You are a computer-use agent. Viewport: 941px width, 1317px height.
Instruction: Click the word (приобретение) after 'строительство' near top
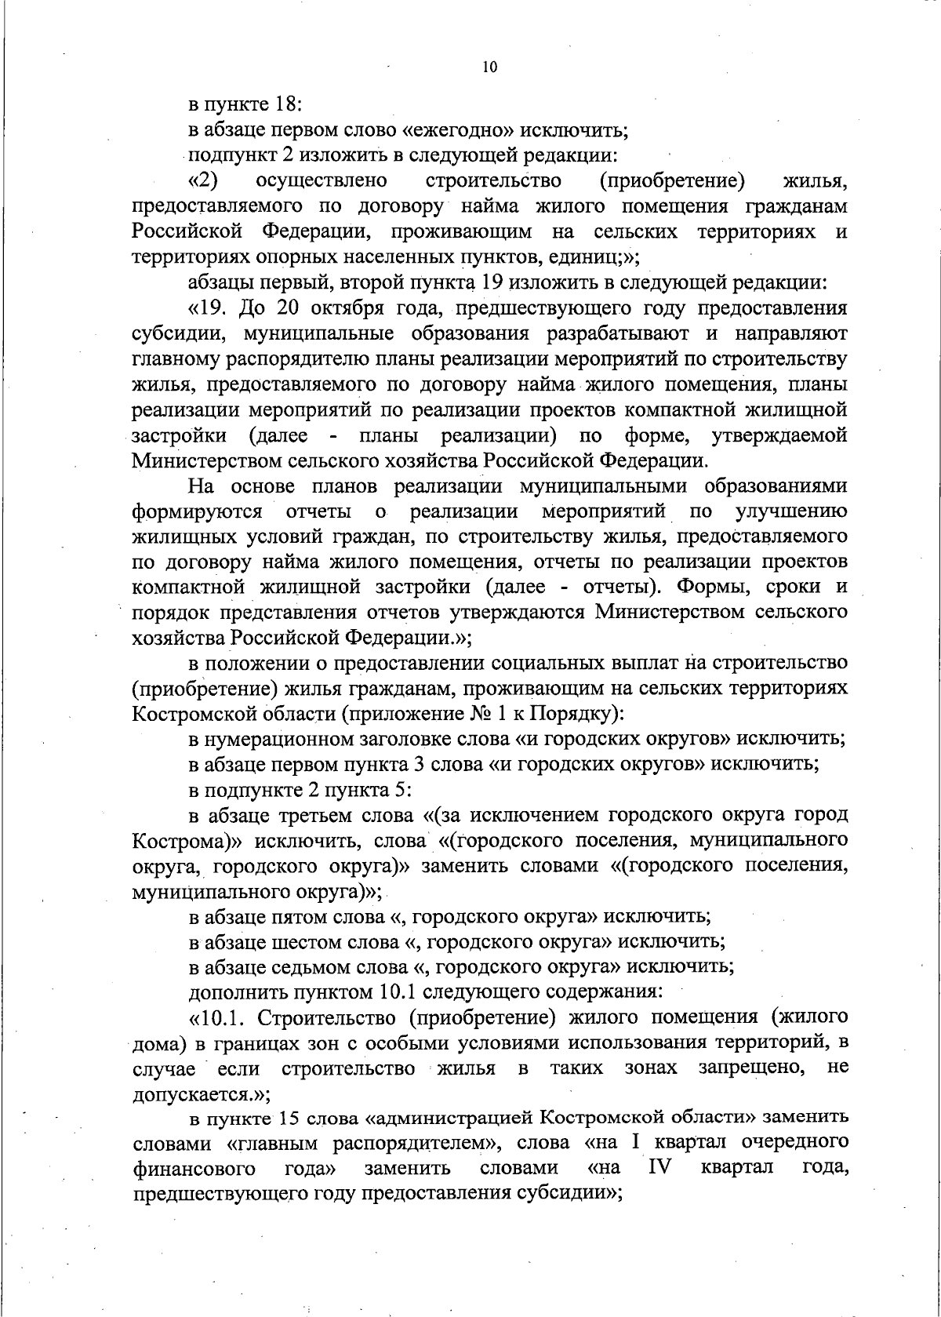pos(671,181)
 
